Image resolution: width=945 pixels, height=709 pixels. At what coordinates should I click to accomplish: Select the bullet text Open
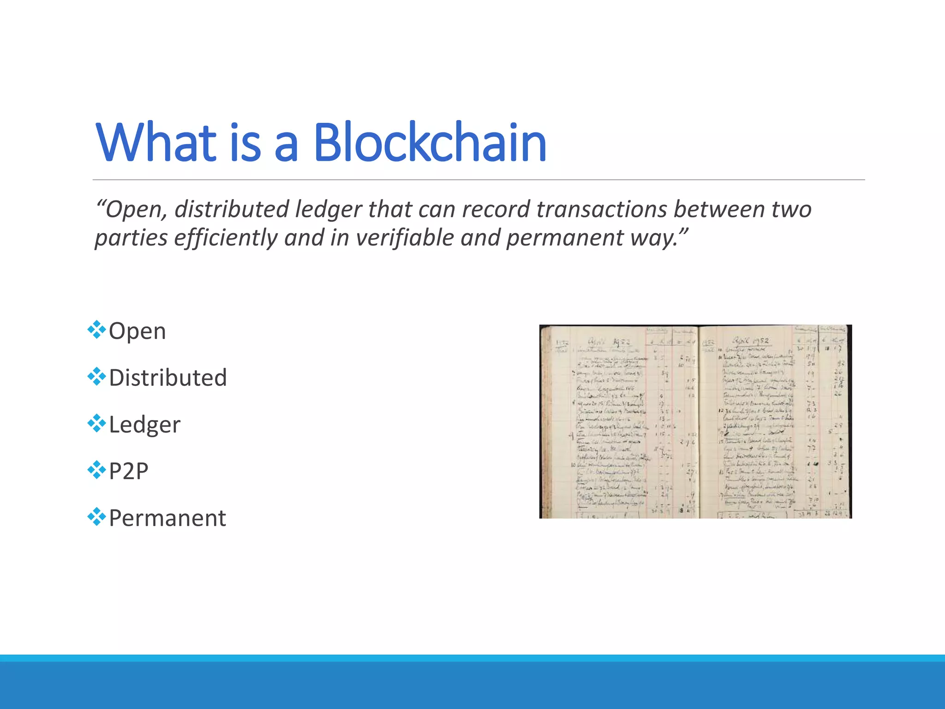tap(137, 331)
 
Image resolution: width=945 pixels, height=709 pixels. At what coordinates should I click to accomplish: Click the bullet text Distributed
tap(168, 378)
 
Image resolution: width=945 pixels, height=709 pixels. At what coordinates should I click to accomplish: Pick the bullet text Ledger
tap(144, 425)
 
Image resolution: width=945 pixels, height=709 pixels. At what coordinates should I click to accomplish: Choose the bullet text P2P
tap(128, 471)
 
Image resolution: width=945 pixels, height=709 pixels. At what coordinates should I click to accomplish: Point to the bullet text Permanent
tap(167, 518)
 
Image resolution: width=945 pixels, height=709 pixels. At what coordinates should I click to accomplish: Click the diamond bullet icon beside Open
tap(96, 330)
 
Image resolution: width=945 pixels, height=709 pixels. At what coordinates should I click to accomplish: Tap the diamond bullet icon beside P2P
tap(96, 469)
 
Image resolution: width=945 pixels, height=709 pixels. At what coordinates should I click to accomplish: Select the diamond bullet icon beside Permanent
tap(96, 517)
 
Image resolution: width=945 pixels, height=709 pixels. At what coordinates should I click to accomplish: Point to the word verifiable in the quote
tap(405, 238)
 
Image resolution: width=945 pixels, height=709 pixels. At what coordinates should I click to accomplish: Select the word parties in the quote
tap(131, 238)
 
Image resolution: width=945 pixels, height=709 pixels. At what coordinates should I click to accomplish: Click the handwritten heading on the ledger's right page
tap(749, 341)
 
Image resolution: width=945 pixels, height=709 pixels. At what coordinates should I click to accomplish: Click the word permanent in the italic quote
tap(565, 238)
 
